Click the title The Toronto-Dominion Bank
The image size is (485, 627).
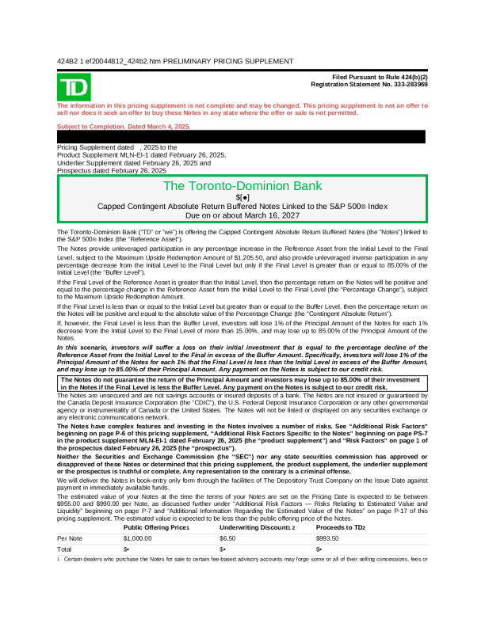point(242,186)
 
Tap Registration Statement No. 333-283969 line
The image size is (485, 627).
point(369,83)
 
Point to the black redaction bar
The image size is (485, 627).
point(242,136)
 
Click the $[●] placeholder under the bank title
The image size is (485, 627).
point(242,196)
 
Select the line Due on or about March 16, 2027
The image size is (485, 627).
point(242,215)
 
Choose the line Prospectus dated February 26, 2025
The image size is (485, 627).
point(112,170)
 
